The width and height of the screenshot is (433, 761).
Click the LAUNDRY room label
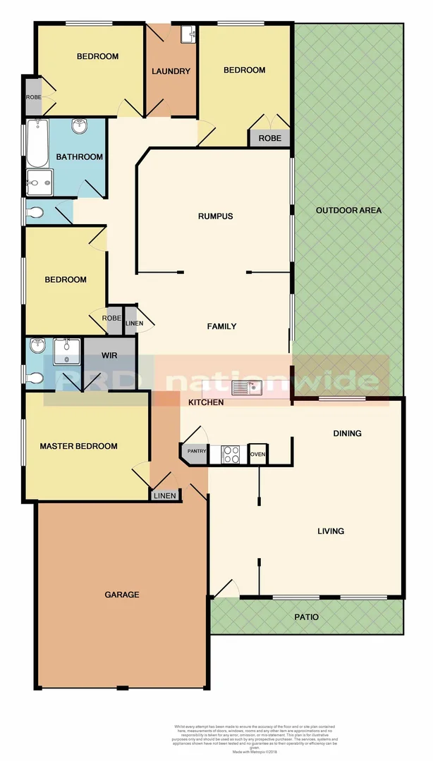click(171, 71)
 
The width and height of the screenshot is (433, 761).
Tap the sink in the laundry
click(188, 34)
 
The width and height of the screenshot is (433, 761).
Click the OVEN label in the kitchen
click(258, 454)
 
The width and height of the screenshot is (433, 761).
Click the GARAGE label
click(122, 595)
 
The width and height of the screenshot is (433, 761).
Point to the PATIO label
click(306, 617)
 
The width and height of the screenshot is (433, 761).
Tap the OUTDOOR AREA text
click(348, 211)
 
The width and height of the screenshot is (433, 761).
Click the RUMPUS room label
click(215, 216)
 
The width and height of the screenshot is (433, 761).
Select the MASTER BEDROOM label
click(78, 446)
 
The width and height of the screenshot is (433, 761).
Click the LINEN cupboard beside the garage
click(165, 496)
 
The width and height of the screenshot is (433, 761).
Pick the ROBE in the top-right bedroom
click(269, 138)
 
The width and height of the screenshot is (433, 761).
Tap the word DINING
click(347, 433)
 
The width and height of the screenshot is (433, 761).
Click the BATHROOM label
click(80, 157)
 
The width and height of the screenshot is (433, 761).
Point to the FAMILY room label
click(221, 326)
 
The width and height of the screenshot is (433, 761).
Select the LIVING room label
click(330, 531)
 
